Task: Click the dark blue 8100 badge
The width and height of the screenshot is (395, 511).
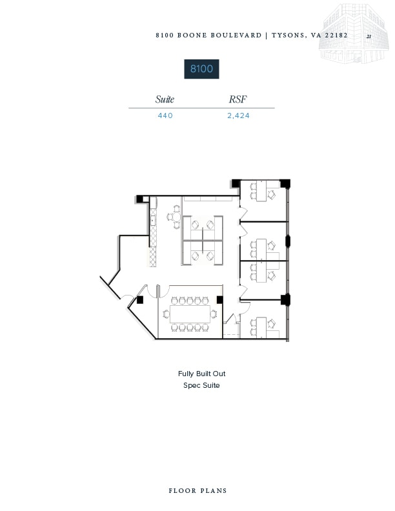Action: [x=201, y=69]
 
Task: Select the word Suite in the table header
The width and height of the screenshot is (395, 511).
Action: [x=165, y=99]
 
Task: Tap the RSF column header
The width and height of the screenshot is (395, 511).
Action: [x=238, y=99]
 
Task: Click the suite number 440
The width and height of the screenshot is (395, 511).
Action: [x=165, y=116]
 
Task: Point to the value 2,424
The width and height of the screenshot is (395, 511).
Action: [x=238, y=116]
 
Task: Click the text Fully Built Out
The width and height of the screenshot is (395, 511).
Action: [x=201, y=374]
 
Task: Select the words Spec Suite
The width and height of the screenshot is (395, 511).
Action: [x=201, y=385]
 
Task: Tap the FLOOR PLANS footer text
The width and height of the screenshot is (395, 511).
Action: [x=197, y=491]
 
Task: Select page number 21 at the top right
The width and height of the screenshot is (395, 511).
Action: [x=369, y=37]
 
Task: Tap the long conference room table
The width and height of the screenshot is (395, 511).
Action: [x=191, y=314]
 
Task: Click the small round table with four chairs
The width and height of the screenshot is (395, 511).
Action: [x=175, y=218]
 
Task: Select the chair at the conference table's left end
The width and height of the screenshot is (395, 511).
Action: [x=166, y=314]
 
